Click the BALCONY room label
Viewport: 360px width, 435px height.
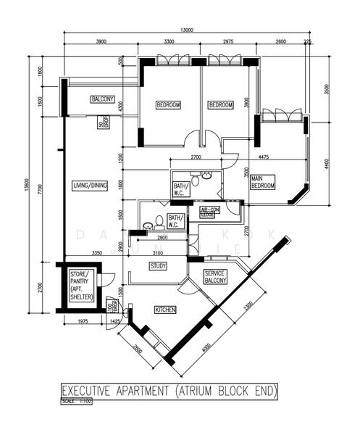click(102, 99)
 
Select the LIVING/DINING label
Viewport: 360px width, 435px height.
click(90, 186)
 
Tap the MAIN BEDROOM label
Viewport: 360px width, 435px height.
click(262, 181)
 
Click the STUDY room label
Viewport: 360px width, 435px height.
click(159, 266)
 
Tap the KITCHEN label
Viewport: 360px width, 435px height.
click(165, 310)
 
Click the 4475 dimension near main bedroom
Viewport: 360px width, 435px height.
click(264, 157)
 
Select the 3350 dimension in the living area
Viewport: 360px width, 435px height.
click(96, 253)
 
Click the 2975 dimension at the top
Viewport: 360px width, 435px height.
click(229, 42)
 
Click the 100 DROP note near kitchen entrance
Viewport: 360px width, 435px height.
click(112, 305)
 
